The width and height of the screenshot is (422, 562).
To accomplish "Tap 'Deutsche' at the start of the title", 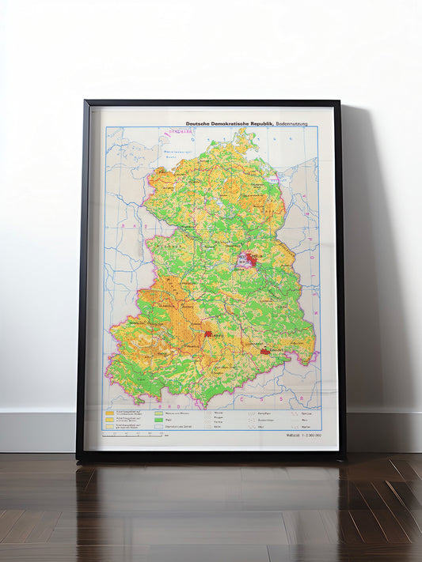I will [x=199, y=124].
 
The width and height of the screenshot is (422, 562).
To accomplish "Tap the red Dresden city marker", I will [x=264, y=350].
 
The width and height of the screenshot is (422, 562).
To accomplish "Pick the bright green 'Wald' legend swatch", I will [x=158, y=420].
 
